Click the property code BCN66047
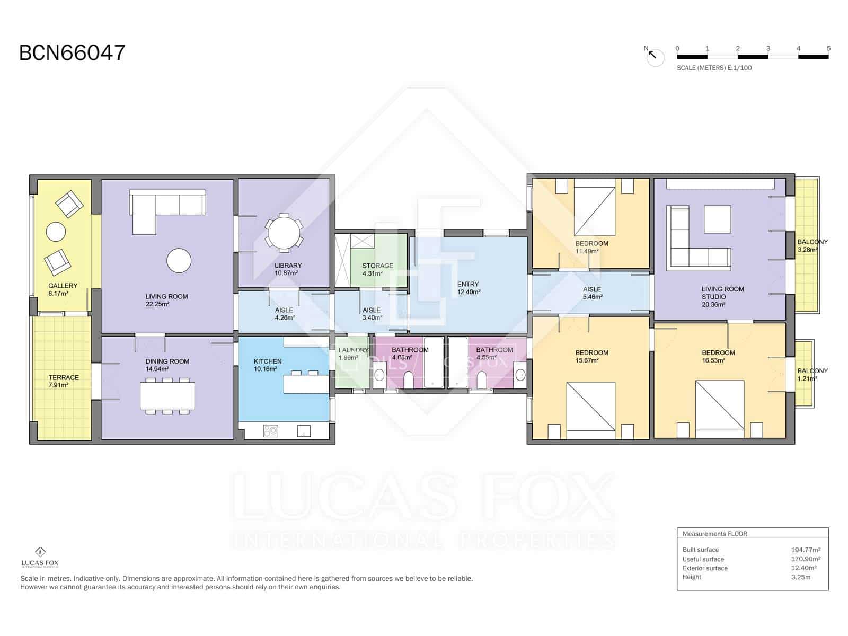72,53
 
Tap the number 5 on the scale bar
828,48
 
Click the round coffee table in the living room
179,260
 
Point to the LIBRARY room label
288,266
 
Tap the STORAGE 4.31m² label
377,269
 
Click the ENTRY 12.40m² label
468,288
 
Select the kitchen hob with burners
270,431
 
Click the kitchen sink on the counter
304,430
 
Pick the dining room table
167,396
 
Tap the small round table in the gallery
56,232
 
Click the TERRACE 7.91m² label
64,381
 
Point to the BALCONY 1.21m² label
812,374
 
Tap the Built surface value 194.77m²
805,550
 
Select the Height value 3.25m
800,577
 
